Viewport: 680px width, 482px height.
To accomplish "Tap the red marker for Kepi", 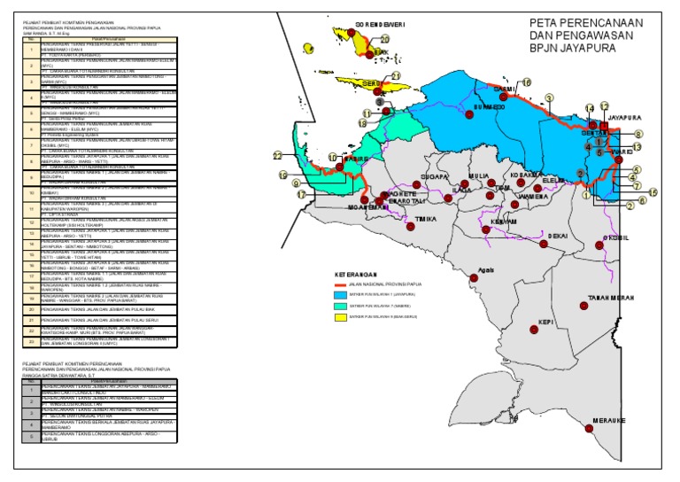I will click(x=534, y=330).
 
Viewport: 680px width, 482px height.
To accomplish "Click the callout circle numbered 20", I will click(x=385, y=40).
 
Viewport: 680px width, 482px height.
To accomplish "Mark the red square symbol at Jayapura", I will click(x=605, y=126).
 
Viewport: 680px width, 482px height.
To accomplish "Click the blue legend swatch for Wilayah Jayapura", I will click(x=341, y=292).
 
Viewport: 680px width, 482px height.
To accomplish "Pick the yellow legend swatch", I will click(x=341, y=315).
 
